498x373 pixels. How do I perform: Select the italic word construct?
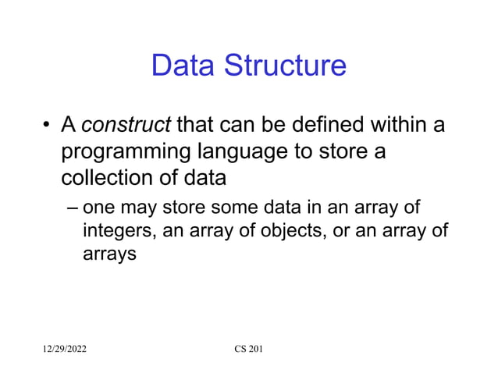tap(126, 125)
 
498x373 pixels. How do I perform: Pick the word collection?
tap(106, 178)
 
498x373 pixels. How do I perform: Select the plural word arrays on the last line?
tap(109, 254)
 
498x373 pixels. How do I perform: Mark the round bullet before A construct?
tap(47, 126)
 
